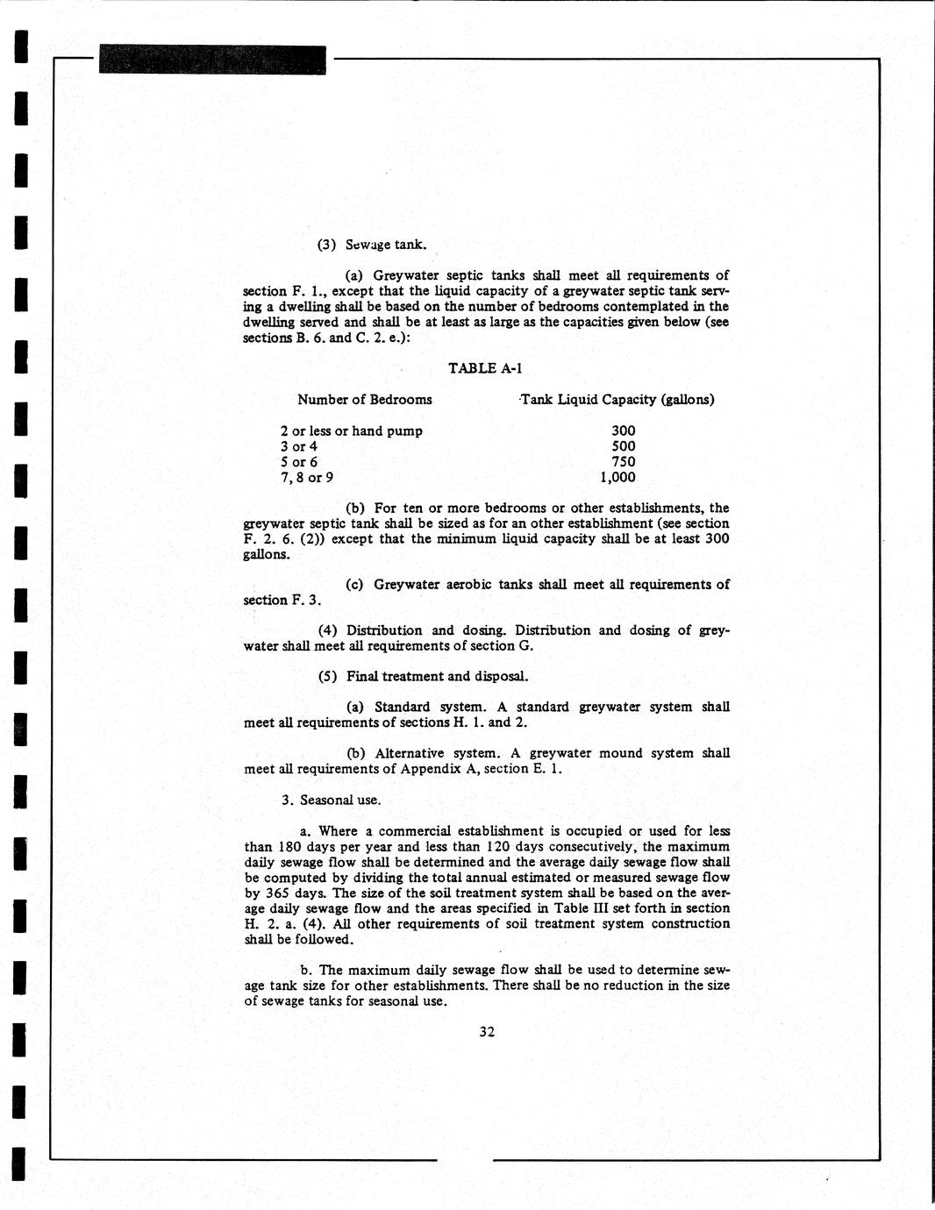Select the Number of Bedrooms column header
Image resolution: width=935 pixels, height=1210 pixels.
[x=364, y=400]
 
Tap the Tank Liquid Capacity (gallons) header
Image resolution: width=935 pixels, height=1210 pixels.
[x=617, y=400]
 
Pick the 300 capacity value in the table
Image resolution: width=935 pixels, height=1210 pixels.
[x=623, y=431]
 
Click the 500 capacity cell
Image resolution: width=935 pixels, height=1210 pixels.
[x=623, y=446]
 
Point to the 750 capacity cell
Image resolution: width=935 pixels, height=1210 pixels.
[x=623, y=462]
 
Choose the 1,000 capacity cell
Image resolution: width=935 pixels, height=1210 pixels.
[x=617, y=478]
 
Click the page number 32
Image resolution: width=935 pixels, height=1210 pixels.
[x=487, y=1032]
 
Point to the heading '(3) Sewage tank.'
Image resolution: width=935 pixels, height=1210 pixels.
[x=371, y=245]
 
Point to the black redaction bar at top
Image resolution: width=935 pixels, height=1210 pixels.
[x=212, y=60]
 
